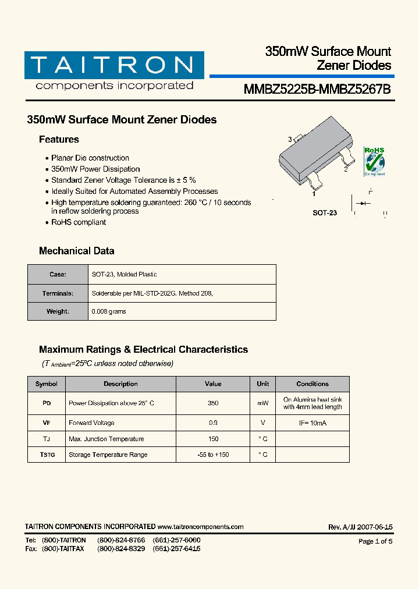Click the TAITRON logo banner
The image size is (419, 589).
[114, 65]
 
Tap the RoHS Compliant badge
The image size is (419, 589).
[374, 161]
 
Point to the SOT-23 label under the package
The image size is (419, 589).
[325, 213]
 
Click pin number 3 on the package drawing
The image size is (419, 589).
[290, 139]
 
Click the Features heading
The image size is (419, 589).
[59, 140]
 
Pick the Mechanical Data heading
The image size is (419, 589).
[76, 251]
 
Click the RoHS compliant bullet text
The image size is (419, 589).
[79, 222]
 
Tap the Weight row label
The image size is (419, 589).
[58, 311]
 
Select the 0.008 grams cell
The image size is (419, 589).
[109, 311]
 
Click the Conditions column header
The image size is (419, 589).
[313, 384]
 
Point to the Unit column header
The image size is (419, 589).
[263, 384]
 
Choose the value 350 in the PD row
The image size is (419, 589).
[213, 403]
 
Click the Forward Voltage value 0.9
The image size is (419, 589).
[213, 423]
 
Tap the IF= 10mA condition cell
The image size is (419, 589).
[313, 423]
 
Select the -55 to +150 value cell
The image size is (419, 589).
[213, 455]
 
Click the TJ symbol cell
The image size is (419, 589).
[47, 439]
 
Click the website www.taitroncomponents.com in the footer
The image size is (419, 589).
[200, 527]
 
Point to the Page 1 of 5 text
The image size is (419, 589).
[375, 541]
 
